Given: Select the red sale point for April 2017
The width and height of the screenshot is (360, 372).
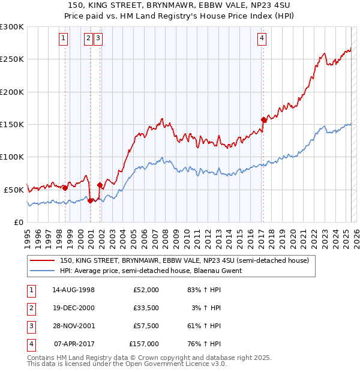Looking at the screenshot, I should tap(263, 119).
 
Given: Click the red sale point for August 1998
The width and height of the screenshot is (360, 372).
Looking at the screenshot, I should tap(65, 188).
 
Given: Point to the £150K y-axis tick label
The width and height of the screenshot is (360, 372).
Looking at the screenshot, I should tap(11, 124).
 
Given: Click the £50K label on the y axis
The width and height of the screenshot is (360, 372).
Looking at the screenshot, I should tap(14, 189).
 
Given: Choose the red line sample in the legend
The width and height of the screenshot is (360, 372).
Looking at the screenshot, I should tap(42, 261).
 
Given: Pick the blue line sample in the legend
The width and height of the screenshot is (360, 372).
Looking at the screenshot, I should tap(42, 271).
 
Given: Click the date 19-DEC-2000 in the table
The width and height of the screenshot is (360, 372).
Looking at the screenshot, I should tap(74, 308).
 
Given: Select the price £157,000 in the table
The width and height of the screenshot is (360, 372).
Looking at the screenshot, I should tap(144, 344).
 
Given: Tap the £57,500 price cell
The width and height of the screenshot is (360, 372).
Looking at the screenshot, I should tap(146, 326).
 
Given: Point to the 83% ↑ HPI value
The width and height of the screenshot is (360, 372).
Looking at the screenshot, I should tap(205, 290).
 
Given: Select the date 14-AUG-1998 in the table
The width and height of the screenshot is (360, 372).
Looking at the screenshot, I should tap(74, 290).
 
